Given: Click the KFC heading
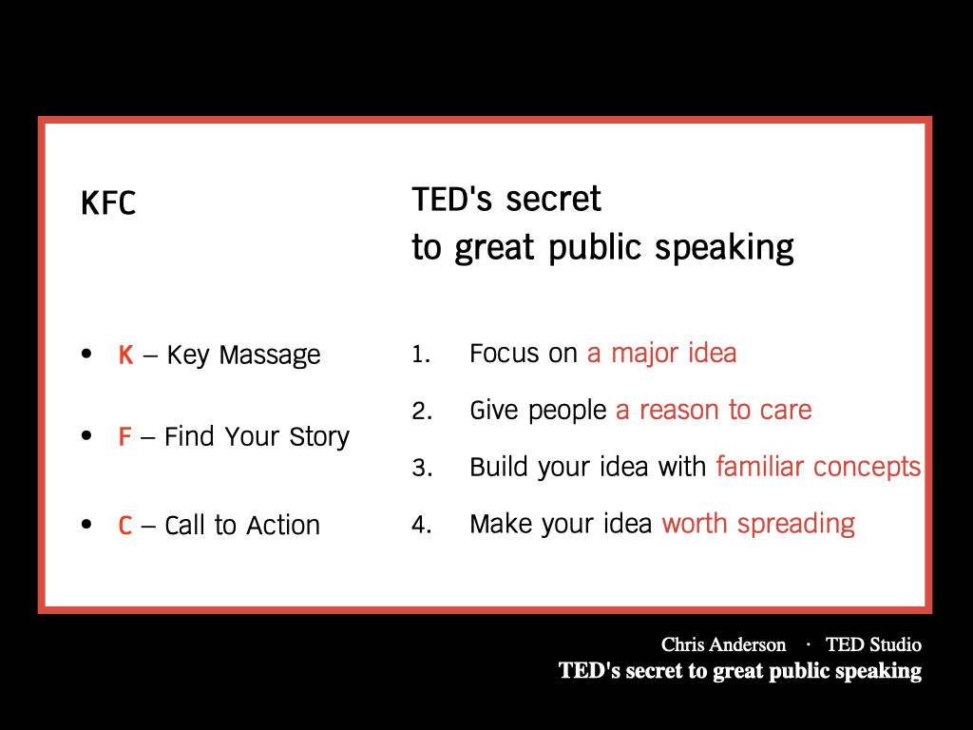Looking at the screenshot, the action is click(108, 203).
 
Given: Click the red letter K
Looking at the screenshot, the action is click(126, 355).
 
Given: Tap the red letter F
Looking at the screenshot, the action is click(124, 436).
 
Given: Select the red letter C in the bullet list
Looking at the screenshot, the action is click(125, 526).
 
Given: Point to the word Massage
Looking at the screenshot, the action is click(270, 356).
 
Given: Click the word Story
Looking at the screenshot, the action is click(319, 437).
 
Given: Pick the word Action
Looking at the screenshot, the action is click(283, 525).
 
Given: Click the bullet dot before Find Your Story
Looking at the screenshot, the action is click(86, 435).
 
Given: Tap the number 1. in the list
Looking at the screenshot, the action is click(421, 355).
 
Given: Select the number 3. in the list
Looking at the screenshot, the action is click(422, 468).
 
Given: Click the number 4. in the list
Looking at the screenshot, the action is click(422, 525).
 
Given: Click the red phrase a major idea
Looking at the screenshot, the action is click(661, 354).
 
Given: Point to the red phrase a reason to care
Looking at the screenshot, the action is click(714, 411).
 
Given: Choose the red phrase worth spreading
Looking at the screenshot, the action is click(758, 525).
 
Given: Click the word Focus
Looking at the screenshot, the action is click(505, 354).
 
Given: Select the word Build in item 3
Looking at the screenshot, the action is click(498, 467).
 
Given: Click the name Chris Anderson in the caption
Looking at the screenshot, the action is click(723, 645).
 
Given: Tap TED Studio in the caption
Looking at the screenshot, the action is click(873, 645).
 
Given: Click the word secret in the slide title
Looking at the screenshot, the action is click(553, 200).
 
